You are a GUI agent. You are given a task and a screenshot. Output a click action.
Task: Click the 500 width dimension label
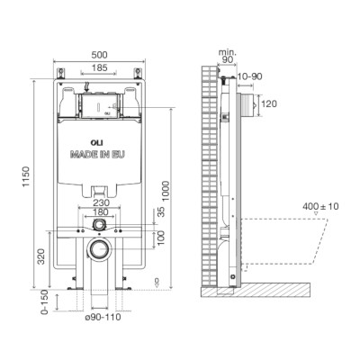click(x=99, y=55)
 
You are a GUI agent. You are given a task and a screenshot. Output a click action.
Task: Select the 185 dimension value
click(x=99, y=68)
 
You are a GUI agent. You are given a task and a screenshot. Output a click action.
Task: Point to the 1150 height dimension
click(x=26, y=176)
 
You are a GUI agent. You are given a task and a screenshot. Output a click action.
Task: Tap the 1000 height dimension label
click(x=166, y=191)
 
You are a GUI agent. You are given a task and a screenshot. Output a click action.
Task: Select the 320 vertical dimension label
click(x=41, y=256)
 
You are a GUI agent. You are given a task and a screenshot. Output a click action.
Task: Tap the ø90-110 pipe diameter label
click(x=103, y=317)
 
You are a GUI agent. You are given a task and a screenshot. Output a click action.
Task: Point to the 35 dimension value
click(x=161, y=211)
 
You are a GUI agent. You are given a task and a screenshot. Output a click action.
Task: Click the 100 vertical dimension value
click(x=161, y=238)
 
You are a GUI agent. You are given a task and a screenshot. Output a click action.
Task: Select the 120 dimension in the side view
click(x=269, y=104)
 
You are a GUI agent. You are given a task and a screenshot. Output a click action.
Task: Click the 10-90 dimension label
click(x=249, y=76)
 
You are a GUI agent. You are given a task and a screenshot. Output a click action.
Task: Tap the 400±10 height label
click(x=320, y=206)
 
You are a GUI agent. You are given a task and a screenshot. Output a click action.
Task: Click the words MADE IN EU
click(x=97, y=155)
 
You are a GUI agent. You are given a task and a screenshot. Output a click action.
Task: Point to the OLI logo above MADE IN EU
click(x=95, y=142)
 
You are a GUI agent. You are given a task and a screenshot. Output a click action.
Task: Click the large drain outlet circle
click(x=99, y=249)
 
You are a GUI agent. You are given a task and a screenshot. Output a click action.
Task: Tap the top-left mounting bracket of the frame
click(x=61, y=74)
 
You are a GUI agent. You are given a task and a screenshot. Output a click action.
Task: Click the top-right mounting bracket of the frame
click(x=138, y=74)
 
